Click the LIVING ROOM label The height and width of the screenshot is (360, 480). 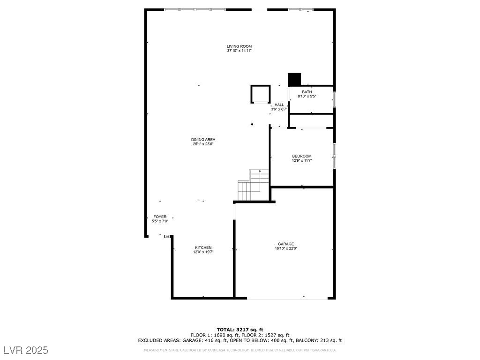coord(239,46)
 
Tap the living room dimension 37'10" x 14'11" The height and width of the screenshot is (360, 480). coord(239,51)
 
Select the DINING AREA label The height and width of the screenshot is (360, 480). coord(203,140)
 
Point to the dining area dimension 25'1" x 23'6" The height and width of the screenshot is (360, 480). coord(203,144)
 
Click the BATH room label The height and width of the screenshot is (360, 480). coord(307,92)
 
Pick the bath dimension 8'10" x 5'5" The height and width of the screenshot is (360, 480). coord(307,96)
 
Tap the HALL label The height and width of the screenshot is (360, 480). coord(279,105)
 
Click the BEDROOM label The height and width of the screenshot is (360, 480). coord(301,156)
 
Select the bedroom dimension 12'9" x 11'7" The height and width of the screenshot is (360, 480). coord(301,160)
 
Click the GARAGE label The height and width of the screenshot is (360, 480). coord(285,244)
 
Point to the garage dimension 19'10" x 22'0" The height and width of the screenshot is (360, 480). coord(285,248)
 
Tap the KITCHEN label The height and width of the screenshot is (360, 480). coord(203,247)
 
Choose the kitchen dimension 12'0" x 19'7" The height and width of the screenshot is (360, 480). coord(203,252)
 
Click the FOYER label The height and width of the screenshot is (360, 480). coord(160,217)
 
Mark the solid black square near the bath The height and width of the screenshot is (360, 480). coord(294,79)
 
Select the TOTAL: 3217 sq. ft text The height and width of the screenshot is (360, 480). coord(240,330)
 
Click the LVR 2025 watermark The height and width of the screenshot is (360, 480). coord(26,350)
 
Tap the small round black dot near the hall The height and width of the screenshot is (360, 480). coord(252,124)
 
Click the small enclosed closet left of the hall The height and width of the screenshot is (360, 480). coord(261,94)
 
